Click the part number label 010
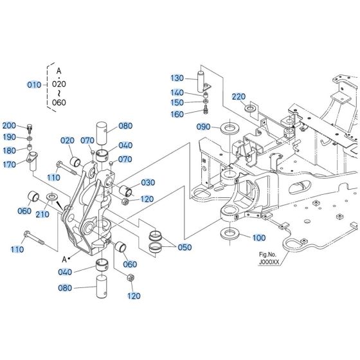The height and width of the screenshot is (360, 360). [33, 84]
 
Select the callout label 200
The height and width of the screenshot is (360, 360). [10, 125]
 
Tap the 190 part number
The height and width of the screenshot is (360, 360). [10, 137]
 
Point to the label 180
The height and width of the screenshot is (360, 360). [10, 150]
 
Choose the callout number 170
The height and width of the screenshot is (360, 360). [10, 165]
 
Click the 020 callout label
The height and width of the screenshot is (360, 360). [68, 141]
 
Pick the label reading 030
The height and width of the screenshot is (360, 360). [148, 183]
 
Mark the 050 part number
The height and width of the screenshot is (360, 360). [184, 247]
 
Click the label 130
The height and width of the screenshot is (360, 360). [177, 78]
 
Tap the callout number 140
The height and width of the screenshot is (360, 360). [177, 92]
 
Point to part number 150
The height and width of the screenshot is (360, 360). [177, 102]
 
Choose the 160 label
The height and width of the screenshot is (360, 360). [177, 114]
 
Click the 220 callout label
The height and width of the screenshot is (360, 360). [239, 96]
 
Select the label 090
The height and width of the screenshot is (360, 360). [203, 127]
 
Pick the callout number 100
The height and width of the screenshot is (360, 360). [258, 238]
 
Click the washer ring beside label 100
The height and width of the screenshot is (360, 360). [231, 234]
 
